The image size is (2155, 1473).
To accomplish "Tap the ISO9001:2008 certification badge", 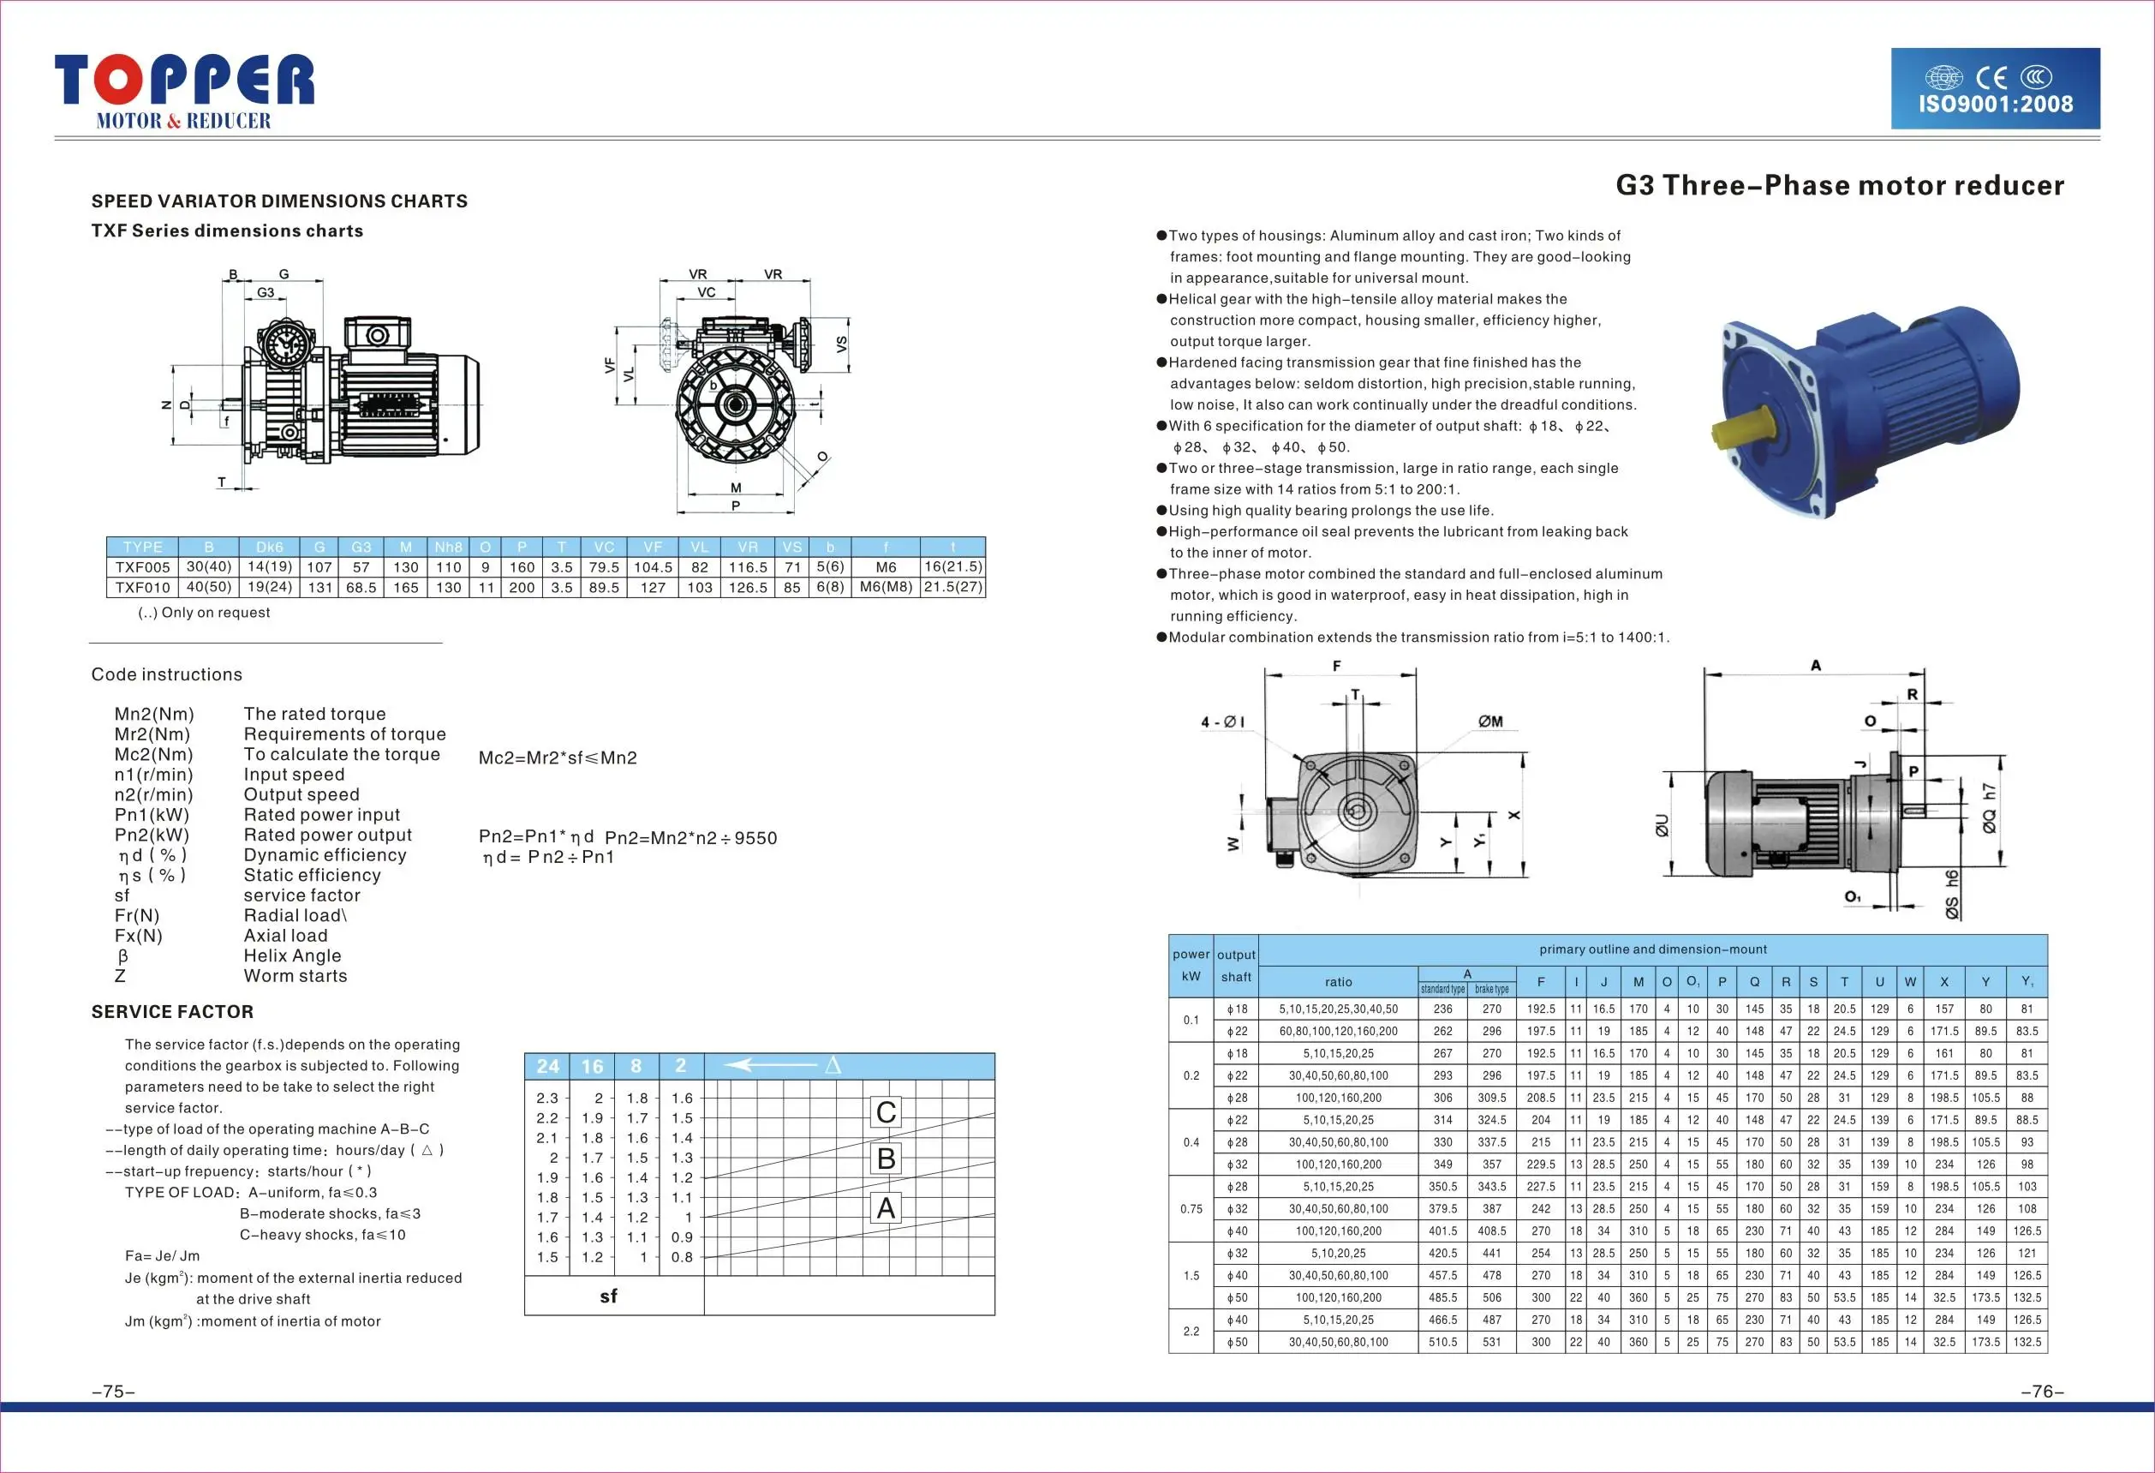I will pos(1996,89).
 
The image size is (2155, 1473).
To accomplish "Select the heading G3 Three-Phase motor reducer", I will pos(1840,185).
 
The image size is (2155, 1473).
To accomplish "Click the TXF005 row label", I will pos(143,566).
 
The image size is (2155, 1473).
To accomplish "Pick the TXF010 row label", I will pos(143,587).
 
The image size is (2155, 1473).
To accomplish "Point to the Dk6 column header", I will pos(269,547).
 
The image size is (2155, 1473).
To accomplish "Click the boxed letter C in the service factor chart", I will pos(886,1112).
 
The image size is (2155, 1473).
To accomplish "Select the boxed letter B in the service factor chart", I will pos(886,1159).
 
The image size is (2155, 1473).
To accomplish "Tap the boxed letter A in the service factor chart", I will pos(886,1207).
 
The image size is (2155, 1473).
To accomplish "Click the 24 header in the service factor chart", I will pos(548,1067).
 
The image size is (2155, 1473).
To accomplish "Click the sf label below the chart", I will pos(608,1296).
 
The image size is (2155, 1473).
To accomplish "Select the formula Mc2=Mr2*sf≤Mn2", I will pos(558,757).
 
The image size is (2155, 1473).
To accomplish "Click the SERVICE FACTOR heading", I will pos(172,1012).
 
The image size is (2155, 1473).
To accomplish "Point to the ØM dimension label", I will pos(1490,721).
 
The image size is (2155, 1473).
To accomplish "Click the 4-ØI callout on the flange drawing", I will pos(1222,722).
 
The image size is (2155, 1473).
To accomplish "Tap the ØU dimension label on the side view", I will pos(1662,824).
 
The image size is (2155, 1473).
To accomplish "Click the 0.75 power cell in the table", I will pos(1191,1208).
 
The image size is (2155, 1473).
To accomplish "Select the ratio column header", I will pos(1338,981).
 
